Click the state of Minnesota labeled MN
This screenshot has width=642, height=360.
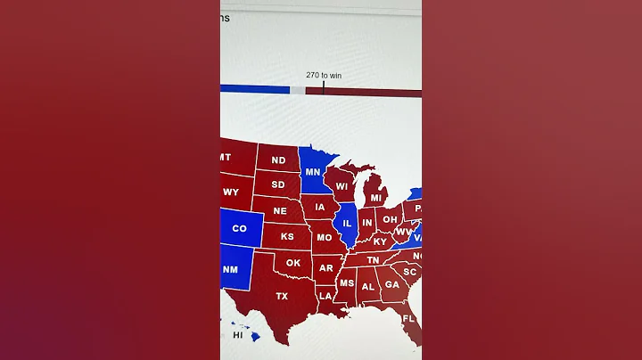tap(313, 172)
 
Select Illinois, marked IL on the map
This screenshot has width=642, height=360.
tap(347, 222)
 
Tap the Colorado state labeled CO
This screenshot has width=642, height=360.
tap(239, 228)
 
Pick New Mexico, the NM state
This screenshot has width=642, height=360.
tap(230, 270)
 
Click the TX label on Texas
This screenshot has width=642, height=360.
tap(282, 296)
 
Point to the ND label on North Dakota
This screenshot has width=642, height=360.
tap(278, 161)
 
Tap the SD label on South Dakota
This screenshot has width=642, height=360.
tap(278, 185)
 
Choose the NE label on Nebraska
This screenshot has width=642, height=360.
tap(280, 211)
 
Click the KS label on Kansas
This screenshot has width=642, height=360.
tap(287, 237)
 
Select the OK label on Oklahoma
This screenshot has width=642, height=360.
tap(293, 263)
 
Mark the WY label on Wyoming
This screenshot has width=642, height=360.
tap(231, 192)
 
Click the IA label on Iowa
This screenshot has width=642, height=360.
tap(320, 208)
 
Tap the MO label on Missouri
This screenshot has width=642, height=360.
tap(325, 238)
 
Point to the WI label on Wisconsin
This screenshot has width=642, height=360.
tap(342, 187)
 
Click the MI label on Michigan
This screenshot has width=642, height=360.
tap(376, 198)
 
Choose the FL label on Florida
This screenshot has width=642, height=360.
tap(408, 319)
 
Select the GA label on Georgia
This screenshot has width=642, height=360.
tap(391, 286)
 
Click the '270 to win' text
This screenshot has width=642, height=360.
tap(324, 76)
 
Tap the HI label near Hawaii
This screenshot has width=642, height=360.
tap(238, 336)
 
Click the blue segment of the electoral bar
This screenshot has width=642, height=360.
tap(254, 90)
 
